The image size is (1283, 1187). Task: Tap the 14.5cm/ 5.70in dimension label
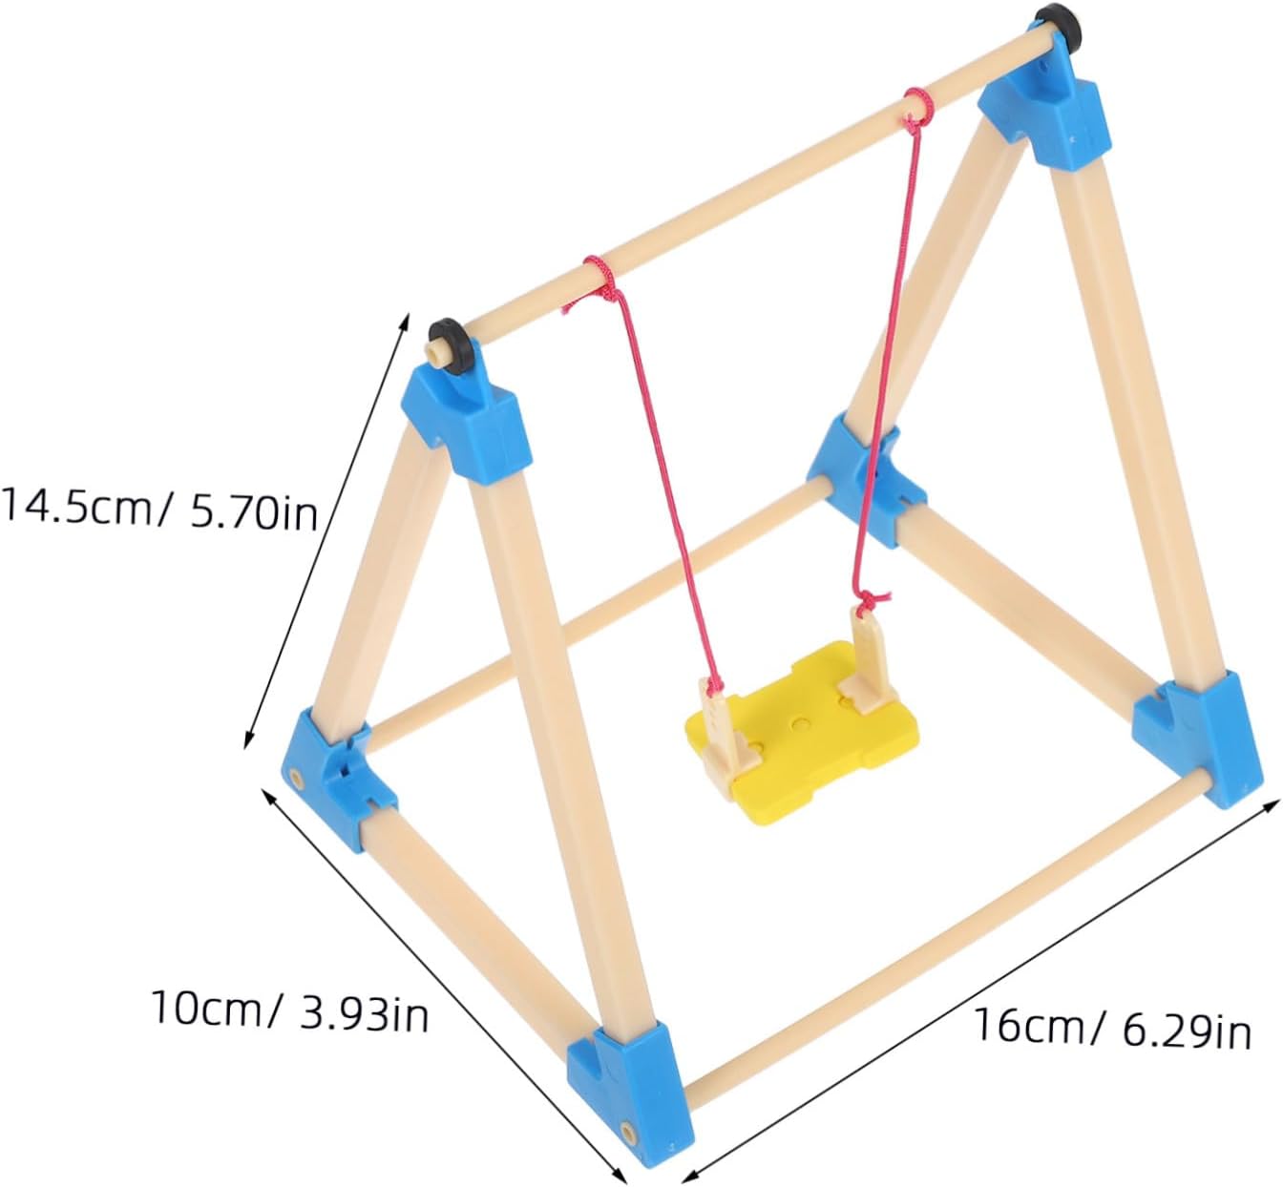point(159,510)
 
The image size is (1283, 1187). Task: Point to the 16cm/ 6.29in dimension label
point(1112,1027)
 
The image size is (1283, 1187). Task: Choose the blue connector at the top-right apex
point(1045,113)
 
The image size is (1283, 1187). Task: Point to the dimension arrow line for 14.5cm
point(326,531)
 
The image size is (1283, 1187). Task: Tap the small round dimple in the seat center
point(801,721)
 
